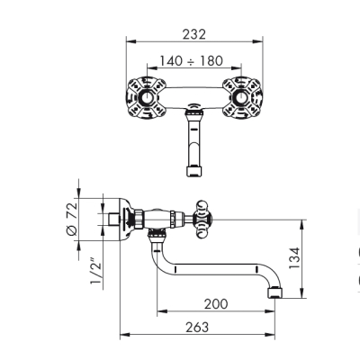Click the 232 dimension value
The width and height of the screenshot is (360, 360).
click(x=194, y=34)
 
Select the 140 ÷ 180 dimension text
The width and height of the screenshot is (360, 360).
click(x=191, y=61)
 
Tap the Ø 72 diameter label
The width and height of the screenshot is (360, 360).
click(x=72, y=219)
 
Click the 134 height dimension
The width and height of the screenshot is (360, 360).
click(x=294, y=258)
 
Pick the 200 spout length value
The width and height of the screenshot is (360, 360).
click(x=216, y=304)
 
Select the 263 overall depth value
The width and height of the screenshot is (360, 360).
click(x=197, y=327)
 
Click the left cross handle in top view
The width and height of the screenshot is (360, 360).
click(x=146, y=97)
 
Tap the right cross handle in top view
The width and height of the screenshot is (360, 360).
click(x=242, y=97)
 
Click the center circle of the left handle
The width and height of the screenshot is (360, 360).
click(x=147, y=97)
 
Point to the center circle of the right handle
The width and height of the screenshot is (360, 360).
click(x=241, y=97)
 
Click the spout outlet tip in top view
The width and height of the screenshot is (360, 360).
click(x=194, y=171)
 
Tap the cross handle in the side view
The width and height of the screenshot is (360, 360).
click(x=204, y=220)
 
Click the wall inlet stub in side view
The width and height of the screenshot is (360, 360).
click(x=113, y=220)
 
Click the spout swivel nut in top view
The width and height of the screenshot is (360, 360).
click(x=194, y=113)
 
